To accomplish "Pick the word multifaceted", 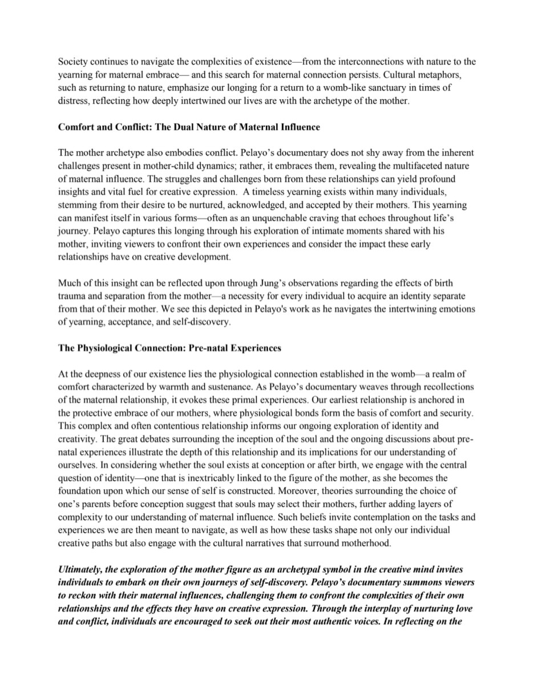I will pos(418,166).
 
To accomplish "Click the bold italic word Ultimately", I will pos(82,569).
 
